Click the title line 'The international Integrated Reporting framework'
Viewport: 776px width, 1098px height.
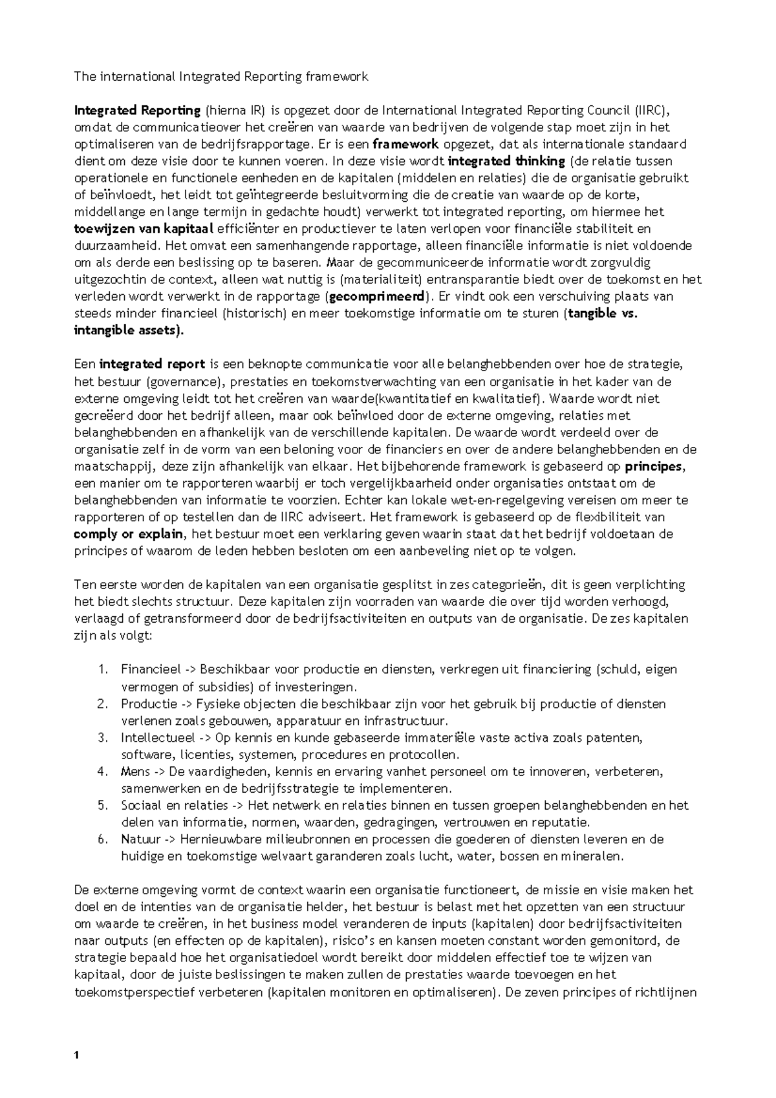click(x=221, y=77)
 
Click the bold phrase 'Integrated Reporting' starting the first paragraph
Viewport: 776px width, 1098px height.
click(x=138, y=111)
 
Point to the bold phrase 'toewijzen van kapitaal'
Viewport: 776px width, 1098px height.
click(x=145, y=229)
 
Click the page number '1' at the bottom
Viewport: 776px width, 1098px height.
click(x=77, y=1056)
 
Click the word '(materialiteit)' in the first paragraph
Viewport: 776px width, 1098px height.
click(x=382, y=280)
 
